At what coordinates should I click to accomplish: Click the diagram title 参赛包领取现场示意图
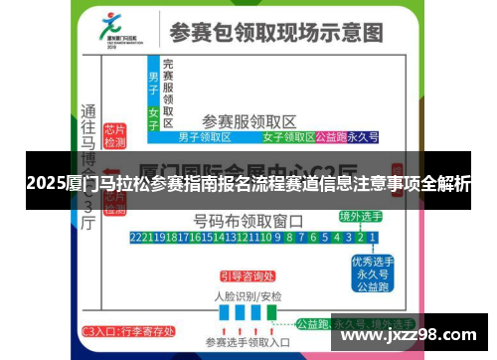point(275,32)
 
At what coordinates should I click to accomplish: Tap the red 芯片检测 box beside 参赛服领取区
point(115,136)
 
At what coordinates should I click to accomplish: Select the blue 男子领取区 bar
point(204,137)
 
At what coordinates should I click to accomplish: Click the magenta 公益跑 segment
point(329,137)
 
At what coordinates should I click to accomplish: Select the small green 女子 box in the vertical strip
point(153,113)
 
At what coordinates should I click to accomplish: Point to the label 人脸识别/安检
point(248,295)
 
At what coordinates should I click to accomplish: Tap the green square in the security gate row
point(271,312)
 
